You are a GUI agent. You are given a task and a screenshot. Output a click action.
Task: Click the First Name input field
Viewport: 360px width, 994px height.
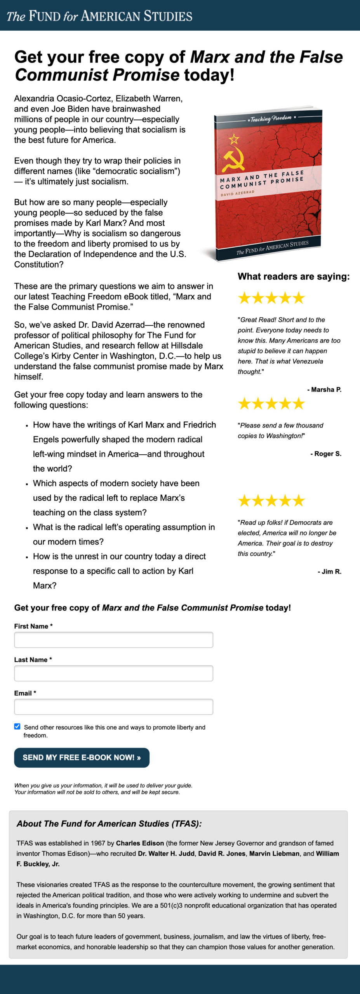point(113,639)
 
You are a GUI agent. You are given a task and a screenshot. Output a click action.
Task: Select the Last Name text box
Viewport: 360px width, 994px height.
point(113,673)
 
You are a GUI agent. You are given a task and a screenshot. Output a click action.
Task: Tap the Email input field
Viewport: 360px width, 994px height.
point(113,706)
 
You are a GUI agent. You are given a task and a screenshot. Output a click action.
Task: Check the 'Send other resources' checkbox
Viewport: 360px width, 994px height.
point(17,726)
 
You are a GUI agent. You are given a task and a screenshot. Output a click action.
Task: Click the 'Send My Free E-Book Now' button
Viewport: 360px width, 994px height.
point(82,758)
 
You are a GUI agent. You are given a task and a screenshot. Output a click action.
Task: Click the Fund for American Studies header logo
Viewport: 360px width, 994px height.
point(99,16)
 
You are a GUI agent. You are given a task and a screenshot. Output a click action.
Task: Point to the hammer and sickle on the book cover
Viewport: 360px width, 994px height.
point(233,159)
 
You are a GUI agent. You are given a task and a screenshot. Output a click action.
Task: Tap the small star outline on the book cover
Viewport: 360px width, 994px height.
point(234,139)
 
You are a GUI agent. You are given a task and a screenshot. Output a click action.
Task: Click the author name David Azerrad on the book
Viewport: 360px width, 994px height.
point(238,193)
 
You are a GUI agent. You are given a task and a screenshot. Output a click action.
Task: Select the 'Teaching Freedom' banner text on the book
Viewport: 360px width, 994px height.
point(271,118)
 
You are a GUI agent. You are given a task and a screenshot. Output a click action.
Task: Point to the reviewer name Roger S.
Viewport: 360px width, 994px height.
point(327,454)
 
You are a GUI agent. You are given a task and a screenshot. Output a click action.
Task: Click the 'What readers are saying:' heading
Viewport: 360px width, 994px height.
point(294,276)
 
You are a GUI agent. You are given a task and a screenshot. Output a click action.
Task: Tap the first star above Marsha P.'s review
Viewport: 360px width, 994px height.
point(244,298)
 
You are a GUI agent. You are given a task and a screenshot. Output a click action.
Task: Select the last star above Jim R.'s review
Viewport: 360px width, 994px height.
point(299,500)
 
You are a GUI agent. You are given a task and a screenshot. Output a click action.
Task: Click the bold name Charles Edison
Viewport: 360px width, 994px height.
point(140,843)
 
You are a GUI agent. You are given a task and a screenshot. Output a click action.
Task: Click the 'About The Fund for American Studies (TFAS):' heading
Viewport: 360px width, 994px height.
point(109,824)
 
